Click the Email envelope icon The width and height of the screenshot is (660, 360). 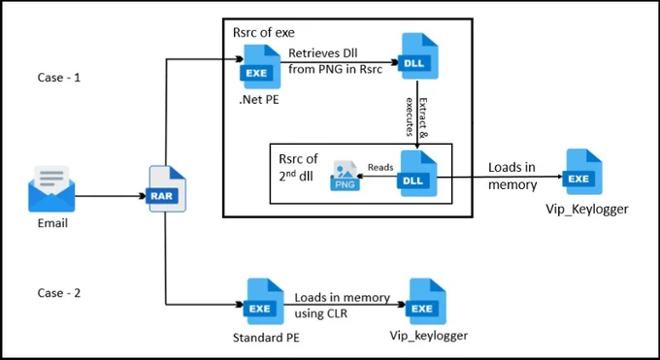pos(51,188)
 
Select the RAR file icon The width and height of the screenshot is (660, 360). pos(168,188)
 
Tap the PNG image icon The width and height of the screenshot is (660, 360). pos(346,176)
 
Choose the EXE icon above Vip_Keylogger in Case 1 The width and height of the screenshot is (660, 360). pos(582,172)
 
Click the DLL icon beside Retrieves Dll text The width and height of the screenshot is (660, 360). pos(418,56)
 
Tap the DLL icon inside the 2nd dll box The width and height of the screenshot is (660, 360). pos(416,174)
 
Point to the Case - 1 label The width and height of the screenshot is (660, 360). pos(59,78)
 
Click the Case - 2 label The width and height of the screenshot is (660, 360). pos(59,293)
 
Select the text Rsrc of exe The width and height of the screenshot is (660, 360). pos(264,32)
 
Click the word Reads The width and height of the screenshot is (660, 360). pos(380,167)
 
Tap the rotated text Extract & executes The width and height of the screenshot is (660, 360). pos(416,117)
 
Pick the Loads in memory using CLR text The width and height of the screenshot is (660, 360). pos(343,306)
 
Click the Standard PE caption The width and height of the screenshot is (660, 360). pos(266,338)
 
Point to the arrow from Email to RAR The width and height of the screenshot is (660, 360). pos(111,196)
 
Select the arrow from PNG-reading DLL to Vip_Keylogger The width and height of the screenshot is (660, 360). pos(500,178)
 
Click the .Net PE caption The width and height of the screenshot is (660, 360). pos(259,100)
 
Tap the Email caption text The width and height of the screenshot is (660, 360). pos(52,223)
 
